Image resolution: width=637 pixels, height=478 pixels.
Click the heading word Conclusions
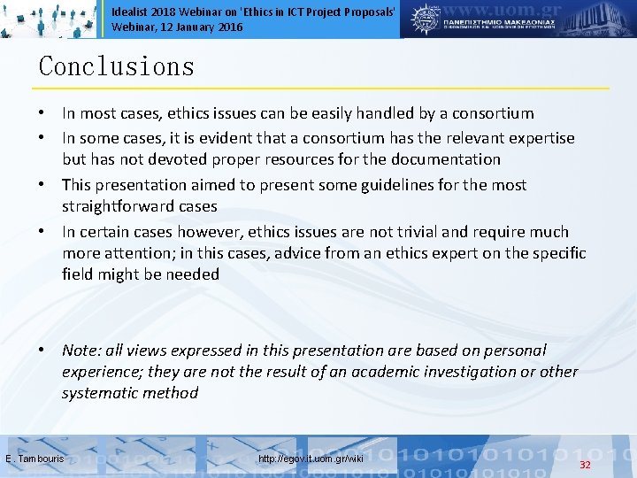tap(116, 67)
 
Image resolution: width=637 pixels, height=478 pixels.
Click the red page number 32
tap(585, 465)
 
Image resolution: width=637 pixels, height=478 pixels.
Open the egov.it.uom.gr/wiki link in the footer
tap(311, 459)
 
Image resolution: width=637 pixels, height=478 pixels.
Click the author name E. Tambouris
tap(35, 459)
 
